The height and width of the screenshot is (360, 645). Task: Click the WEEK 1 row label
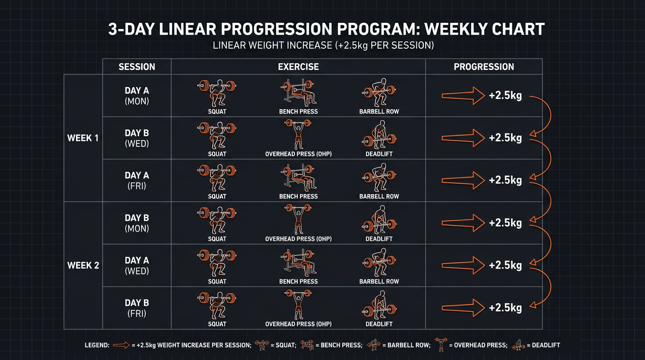point(83,138)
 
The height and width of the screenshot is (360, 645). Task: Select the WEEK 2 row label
point(83,265)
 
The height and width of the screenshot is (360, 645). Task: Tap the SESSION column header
point(137,67)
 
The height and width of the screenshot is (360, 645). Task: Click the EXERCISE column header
point(298,67)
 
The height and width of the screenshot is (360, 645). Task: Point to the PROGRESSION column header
point(484,67)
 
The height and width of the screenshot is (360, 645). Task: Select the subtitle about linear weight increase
point(323,46)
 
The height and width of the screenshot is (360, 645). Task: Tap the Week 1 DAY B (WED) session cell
point(137,138)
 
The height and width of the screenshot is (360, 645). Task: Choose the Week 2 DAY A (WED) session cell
point(137,265)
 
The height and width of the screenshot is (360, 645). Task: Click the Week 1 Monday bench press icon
point(298,92)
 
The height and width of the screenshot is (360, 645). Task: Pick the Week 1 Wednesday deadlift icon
point(379,135)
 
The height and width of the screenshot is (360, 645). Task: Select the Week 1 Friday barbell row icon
point(379,177)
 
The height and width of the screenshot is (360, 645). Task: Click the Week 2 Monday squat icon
point(217,220)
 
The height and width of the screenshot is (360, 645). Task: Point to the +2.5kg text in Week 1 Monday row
point(505,96)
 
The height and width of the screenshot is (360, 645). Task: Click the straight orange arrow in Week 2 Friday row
point(463,308)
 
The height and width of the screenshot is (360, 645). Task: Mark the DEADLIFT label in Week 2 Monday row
point(379,239)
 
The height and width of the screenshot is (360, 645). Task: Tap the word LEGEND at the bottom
point(97,345)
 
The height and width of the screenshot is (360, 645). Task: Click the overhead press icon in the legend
point(441,345)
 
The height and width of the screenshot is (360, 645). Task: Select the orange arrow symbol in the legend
point(121,345)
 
